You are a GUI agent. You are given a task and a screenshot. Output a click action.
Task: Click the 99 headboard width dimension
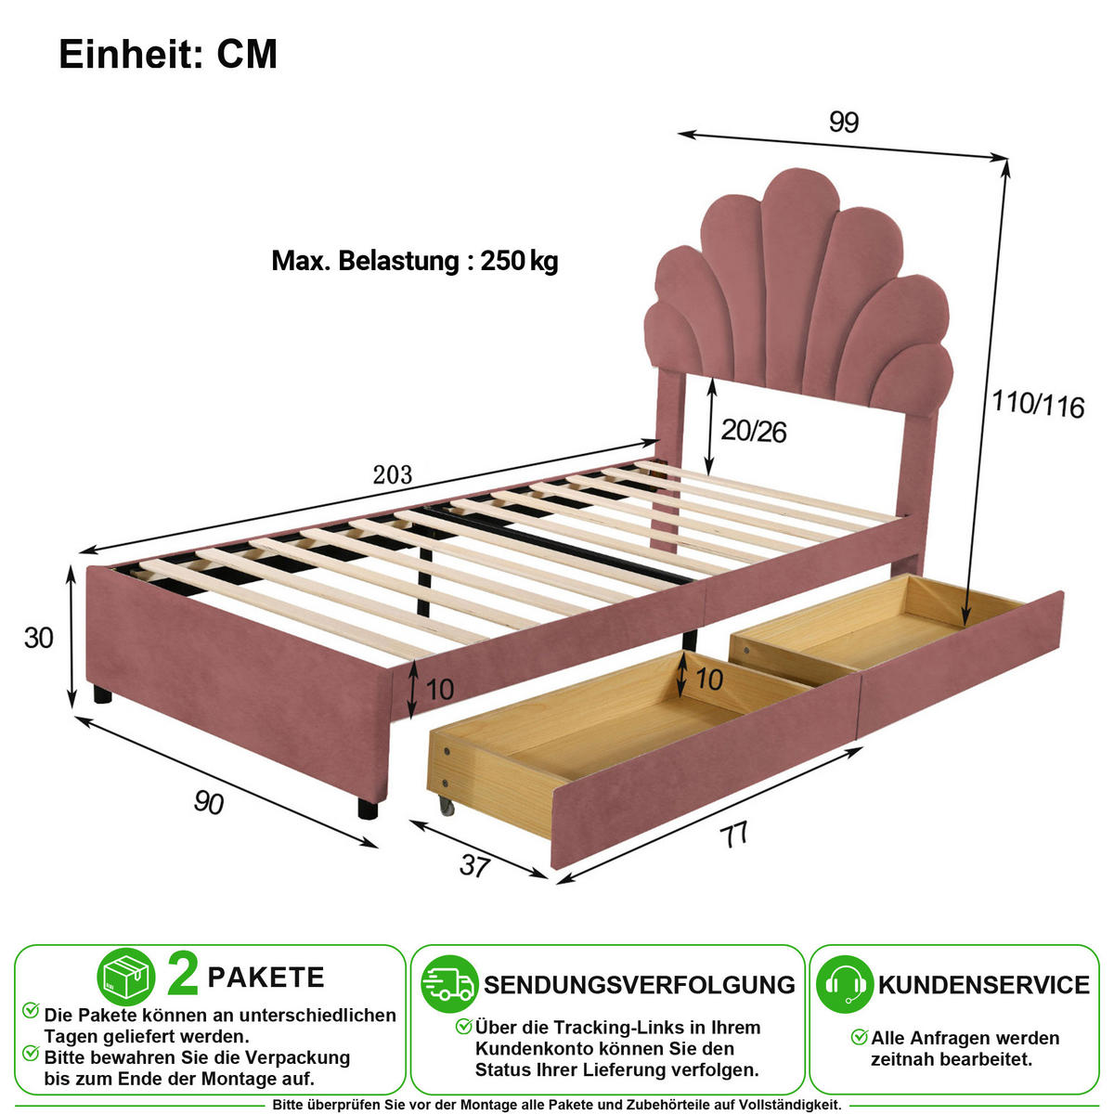pyautogui.click(x=843, y=122)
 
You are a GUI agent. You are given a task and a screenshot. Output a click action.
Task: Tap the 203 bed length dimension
pyautogui.click(x=393, y=474)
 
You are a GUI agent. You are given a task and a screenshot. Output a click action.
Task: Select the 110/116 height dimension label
pyautogui.click(x=1038, y=404)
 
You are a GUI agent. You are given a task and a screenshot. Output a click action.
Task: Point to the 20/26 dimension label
pyautogui.click(x=753, y=432)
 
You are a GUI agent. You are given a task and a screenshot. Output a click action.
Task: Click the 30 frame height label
pyautogui.click(x=39, y=638)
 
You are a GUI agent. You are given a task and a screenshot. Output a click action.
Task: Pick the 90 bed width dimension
pyautogui.click(x=208, y=802)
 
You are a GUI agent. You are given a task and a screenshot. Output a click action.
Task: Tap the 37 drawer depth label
pyautogui.click(x=474, y=865)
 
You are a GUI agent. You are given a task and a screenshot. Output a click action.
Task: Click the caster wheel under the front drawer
pyautogui.click(x=446, y=804)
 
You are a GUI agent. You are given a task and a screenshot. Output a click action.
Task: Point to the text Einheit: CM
pyautogui.click(x=168, y=55)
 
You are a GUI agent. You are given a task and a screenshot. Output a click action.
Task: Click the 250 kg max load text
pyautogui.click(x=519, y=261)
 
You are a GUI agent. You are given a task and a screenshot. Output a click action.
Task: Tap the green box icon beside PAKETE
pyautogui.click(x=126, y=977)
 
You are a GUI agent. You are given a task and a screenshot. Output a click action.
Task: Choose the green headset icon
pyautogui.click(x=845, y=985)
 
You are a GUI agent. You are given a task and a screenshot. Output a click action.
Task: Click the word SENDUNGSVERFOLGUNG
pyautogui.click(x=640, y=985)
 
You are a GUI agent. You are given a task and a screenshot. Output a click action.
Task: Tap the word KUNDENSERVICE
pyautogui.click(x=984, y=985)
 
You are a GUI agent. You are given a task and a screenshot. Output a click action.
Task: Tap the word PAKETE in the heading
pyautogui.click(x=266, y=978)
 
